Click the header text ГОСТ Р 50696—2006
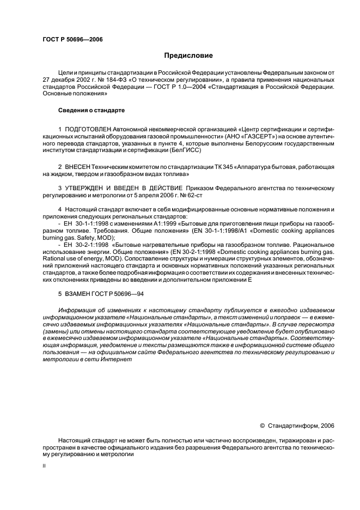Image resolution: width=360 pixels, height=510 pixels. tap(72, 40)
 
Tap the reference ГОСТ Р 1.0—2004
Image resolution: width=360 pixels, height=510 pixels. tap(175, 87)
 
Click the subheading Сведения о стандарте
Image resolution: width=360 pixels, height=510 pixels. tap(91, 110)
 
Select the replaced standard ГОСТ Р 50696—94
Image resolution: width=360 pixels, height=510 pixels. tap(119, 294)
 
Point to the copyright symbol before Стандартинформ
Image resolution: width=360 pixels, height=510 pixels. tap(262, 426)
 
